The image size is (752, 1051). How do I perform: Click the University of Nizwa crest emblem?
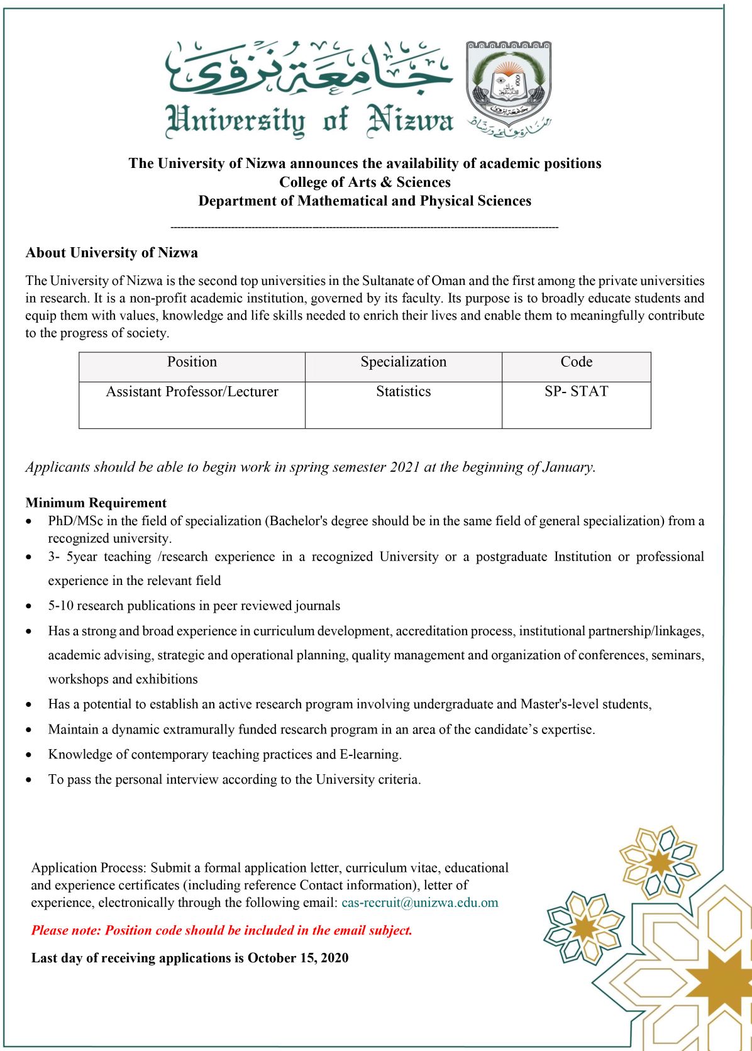[x=508, y=84]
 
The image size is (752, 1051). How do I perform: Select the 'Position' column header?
[x=192, y=362]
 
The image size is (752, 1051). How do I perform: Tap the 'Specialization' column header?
[x=403, y=362]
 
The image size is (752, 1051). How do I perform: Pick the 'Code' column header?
[x=576, y=362]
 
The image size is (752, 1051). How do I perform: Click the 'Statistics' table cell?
[x=403, y=392]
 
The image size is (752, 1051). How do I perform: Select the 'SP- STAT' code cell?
[x=576, y=392]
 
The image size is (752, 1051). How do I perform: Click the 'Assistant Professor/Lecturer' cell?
[x=192, y=392]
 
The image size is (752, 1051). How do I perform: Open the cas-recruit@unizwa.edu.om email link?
[x=419, y=903]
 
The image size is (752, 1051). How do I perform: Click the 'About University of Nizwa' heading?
[x=112, y=253]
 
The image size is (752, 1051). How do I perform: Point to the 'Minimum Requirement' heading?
[x=96, y=503]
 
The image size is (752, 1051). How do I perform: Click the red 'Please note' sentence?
[x=222, y=931]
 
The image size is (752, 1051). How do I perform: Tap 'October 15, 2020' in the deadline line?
[x=298, y=959]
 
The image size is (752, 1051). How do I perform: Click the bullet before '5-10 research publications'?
[x=29, y=606]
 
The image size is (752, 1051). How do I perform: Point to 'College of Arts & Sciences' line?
[x=365, y=182]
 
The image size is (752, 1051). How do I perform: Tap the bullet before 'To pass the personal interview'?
[x=29, y=780]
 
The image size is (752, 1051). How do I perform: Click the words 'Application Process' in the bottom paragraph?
[x=87, y=868]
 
